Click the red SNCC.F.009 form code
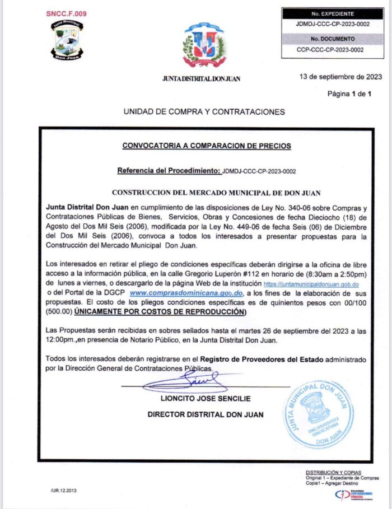point(66,13)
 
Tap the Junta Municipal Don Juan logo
point(68,40)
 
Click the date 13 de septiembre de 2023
point(340,77)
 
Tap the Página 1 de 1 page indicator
point(349,94)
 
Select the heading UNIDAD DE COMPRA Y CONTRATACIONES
point(204,112)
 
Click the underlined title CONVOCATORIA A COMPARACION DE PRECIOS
point(207,146)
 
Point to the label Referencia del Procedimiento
point(169,170)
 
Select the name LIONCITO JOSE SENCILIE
point(206,399)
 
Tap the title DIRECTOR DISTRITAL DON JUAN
point(206,414)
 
